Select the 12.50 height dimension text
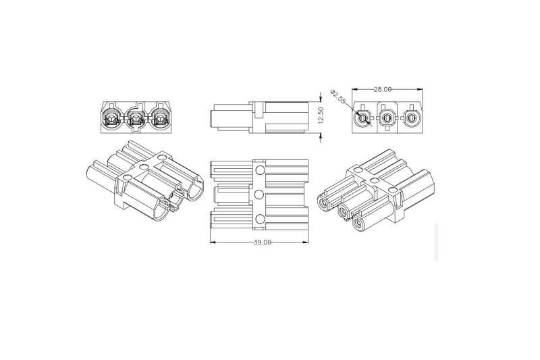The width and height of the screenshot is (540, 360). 322,118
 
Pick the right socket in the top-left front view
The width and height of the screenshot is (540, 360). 160,120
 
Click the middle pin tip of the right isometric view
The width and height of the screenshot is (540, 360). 343,213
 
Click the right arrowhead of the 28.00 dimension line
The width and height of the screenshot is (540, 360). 419,89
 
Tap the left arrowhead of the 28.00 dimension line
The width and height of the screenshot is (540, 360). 354,89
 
